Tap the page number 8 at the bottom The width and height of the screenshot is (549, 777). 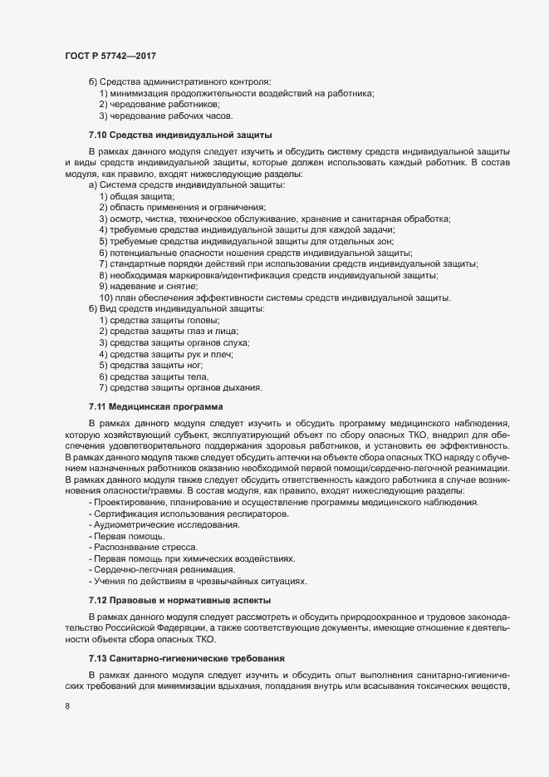tap(66, 707)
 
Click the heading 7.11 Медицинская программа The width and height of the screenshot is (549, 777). tap(156, 406)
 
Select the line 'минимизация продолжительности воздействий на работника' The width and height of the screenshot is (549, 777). tap(237, 93)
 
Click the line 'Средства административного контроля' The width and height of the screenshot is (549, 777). tap(184, 81)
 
